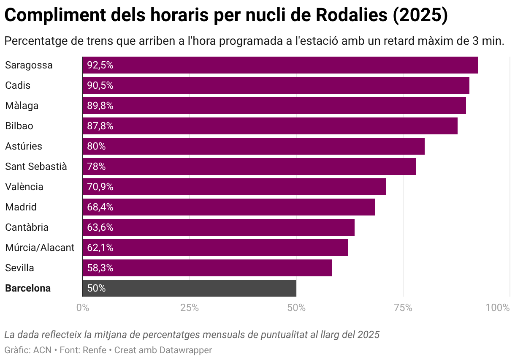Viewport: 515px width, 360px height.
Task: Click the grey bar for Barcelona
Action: pyautogui.click(x=190, y=288)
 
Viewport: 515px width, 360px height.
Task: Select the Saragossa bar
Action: pyautogui.click(x=280, y=65)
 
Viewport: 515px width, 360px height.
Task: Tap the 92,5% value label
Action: pyautogui.click(x=100, y=65)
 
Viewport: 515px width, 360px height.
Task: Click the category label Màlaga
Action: pyautogui.click(x=22, y=106)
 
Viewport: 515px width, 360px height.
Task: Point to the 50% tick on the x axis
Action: pyautogui.click(x=296, y=308)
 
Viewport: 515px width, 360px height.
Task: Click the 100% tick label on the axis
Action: pyautogui.click(x=498, y=308)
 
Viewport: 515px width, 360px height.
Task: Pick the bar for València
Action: pyautogui.click(x=234, y=187)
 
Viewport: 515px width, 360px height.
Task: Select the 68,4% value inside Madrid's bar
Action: pyautogui.click(x=100, y=207)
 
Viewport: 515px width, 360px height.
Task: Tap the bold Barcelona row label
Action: pyautogui.click(x=28, y=288)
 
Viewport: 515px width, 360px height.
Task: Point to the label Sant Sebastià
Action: pyautogui.click(x=36, y=166)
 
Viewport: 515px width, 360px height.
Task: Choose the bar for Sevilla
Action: pyautogui.click(x=207, y=268)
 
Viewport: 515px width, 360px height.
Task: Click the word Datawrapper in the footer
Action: pyautogui.click(x=185, y=350)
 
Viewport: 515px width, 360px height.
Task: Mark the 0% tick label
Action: pyautogui.click(x=82, y=308)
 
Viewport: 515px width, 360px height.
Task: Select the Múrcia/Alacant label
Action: pyautogui.click(x=40, y=248)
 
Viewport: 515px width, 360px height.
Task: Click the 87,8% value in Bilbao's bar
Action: pyautogui.click(x=100, y=126)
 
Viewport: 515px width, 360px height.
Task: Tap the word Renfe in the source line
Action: pyautogui.click(x=94, y=350)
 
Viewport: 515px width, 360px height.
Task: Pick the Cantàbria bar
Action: pyautogui.click(x=219, y=227)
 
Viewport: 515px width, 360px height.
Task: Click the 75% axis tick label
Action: pyautogui.click(x=403, y=308)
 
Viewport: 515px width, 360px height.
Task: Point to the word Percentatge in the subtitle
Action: pyautogui.click(x=33, y=41)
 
